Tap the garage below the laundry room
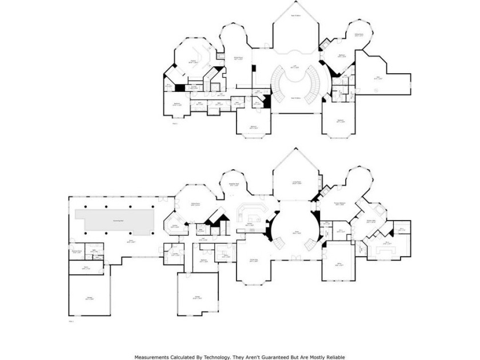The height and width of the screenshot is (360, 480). (198, 295)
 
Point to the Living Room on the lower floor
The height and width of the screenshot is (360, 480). (297, 183)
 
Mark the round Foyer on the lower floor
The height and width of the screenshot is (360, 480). (297, 231)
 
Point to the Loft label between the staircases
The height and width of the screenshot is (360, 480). (296, 67)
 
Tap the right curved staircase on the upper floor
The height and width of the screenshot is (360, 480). (315, 86)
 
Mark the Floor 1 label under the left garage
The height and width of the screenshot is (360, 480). (72, 322)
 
